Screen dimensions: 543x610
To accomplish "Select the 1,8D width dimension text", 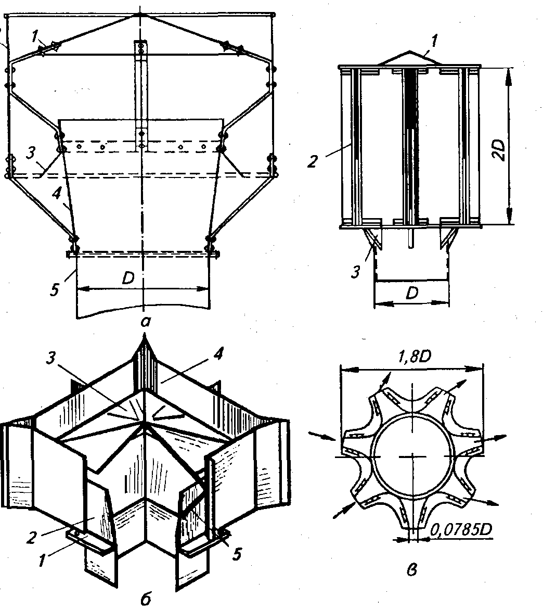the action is (x=415, y=356).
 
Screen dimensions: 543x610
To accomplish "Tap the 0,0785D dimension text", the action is (x=461, y=530).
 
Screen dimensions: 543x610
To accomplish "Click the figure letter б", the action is (x=145, y=600).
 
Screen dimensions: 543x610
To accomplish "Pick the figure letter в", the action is (x=412, y=570).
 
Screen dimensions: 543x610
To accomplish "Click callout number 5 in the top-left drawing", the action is (x=55, y=289).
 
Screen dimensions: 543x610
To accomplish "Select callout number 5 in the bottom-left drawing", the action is (x=237, y=554).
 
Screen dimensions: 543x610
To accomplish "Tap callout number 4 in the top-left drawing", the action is (x=57, y=193).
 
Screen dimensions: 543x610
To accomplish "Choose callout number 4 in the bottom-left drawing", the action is (x=219, y=353).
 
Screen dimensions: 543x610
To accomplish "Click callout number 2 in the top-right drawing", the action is (x=312, y=161).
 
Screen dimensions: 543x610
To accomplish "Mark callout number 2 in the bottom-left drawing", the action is (x=31, y=537).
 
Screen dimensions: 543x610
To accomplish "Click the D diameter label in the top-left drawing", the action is (x=128, y=278).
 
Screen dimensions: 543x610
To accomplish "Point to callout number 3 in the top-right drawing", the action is (x=355, y=272).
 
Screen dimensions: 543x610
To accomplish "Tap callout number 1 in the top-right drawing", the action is (x=434, y=40).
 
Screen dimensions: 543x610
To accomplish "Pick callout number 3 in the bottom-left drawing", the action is (x=50, y=359).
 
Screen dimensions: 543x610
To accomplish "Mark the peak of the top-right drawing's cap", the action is (x=409, y=51).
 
